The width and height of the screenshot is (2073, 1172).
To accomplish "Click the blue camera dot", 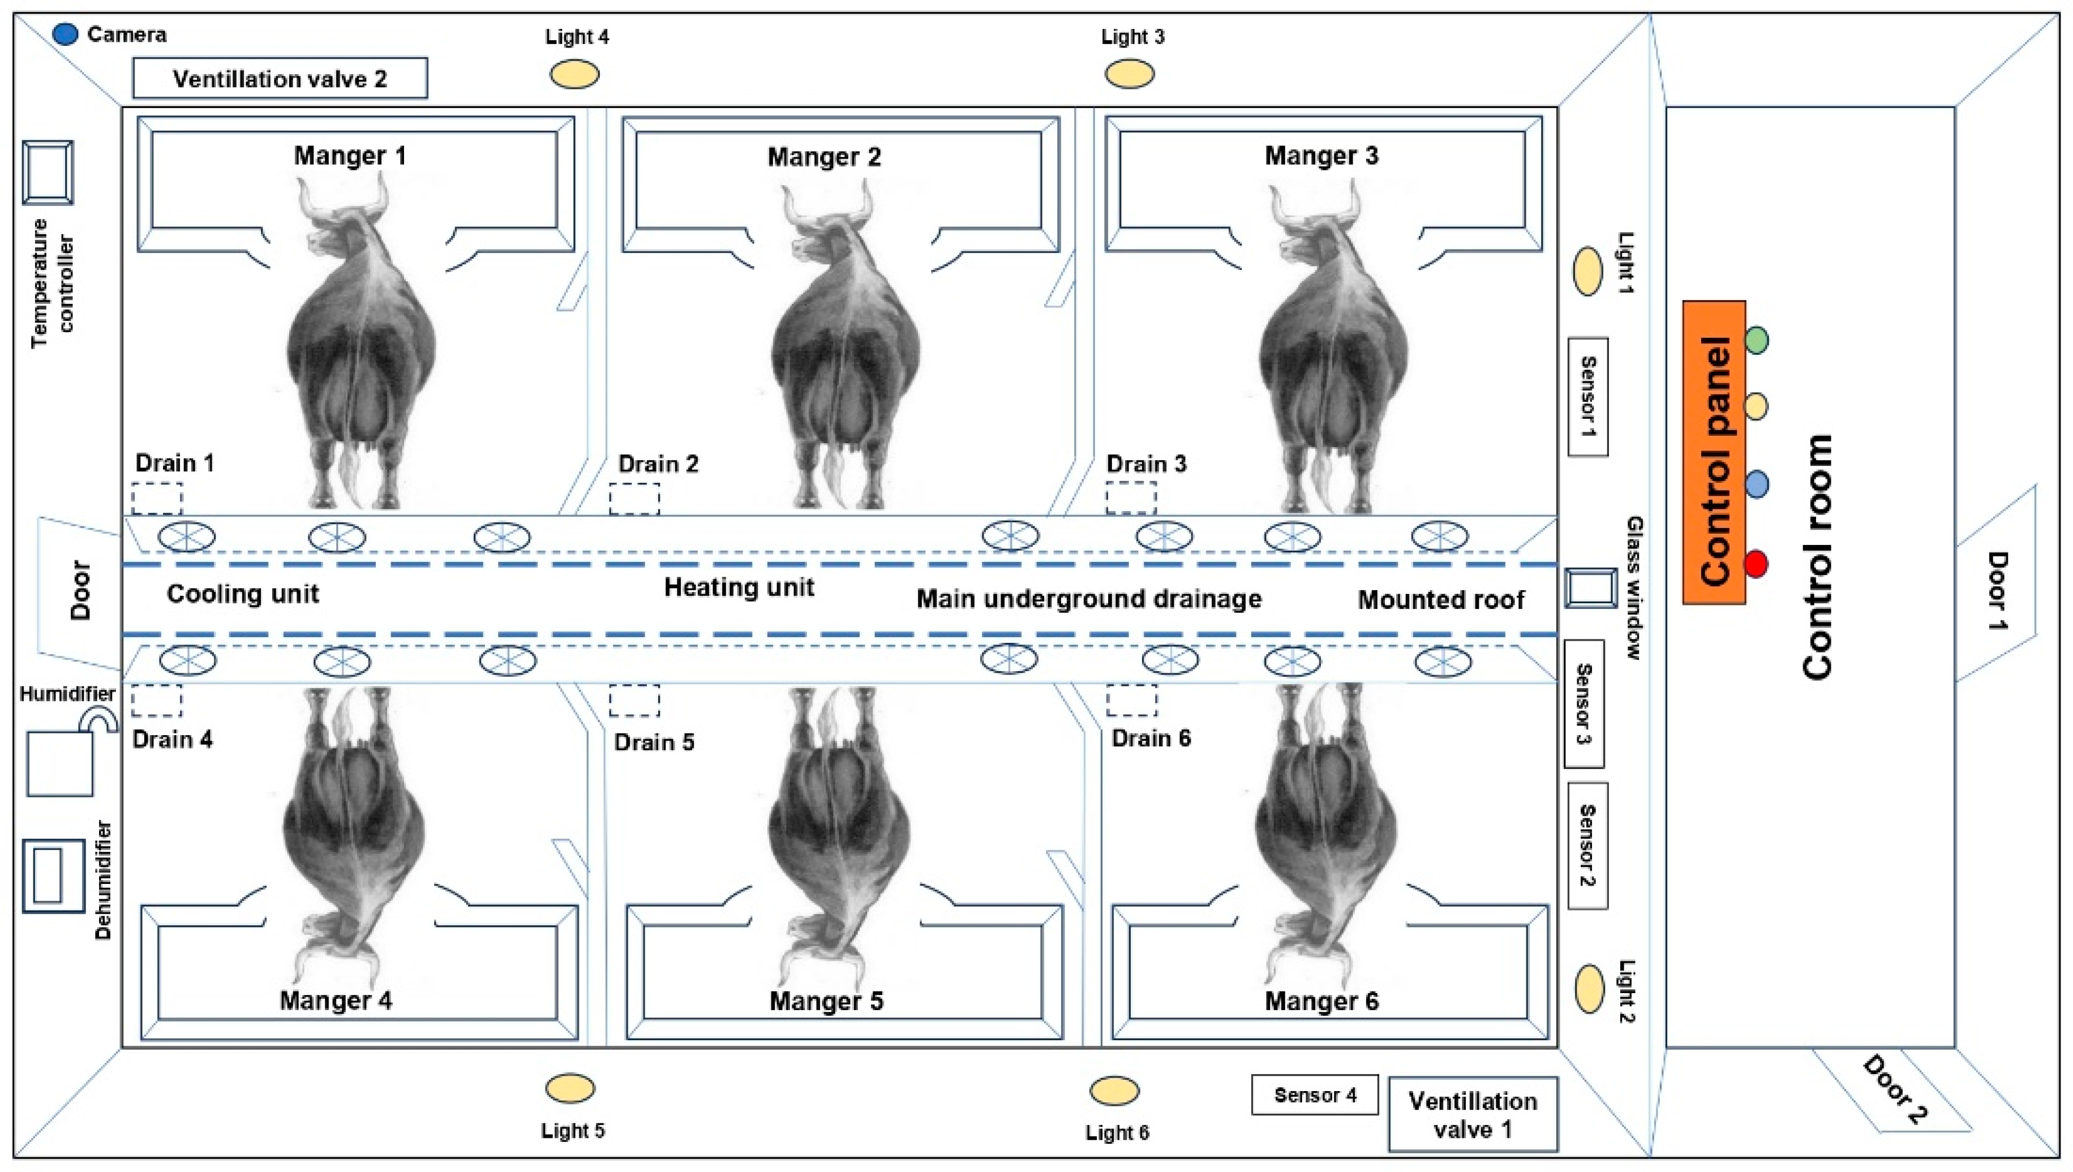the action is pos(65,34).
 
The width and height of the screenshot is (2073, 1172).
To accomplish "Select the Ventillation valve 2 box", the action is pos(280,78).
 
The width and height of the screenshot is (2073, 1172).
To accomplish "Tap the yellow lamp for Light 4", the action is pos(574,75).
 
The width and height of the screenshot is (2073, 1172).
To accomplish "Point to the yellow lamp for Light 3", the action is pos(1130,74).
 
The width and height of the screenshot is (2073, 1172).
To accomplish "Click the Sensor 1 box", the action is pos(1588,397).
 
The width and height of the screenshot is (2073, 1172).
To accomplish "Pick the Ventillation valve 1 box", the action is pos(1473,1115).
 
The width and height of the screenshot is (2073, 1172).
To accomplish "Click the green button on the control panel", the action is pos(1757,340).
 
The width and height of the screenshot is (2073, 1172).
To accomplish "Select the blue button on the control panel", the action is pos(1757,484).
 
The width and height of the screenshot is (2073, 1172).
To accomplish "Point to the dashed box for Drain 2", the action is pos(634,498).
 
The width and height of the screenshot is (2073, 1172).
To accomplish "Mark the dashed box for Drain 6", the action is pos(1131,700).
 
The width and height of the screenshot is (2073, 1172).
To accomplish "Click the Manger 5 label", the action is pos(826,1001).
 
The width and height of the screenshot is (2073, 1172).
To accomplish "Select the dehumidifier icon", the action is pos(53,876).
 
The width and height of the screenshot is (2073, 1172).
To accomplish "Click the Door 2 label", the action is pos(1895,1090).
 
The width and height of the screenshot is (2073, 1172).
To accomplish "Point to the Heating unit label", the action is pos(739,587).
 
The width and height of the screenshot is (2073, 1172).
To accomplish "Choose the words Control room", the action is pos(1818,557).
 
